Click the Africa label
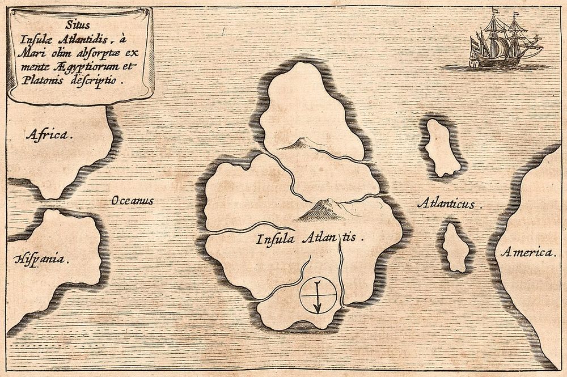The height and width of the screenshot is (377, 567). point(49,135)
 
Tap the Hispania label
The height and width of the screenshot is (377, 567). point(39,260)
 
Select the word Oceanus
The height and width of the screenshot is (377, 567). point(133,201)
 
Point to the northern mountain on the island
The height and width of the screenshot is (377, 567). point(302,145)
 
